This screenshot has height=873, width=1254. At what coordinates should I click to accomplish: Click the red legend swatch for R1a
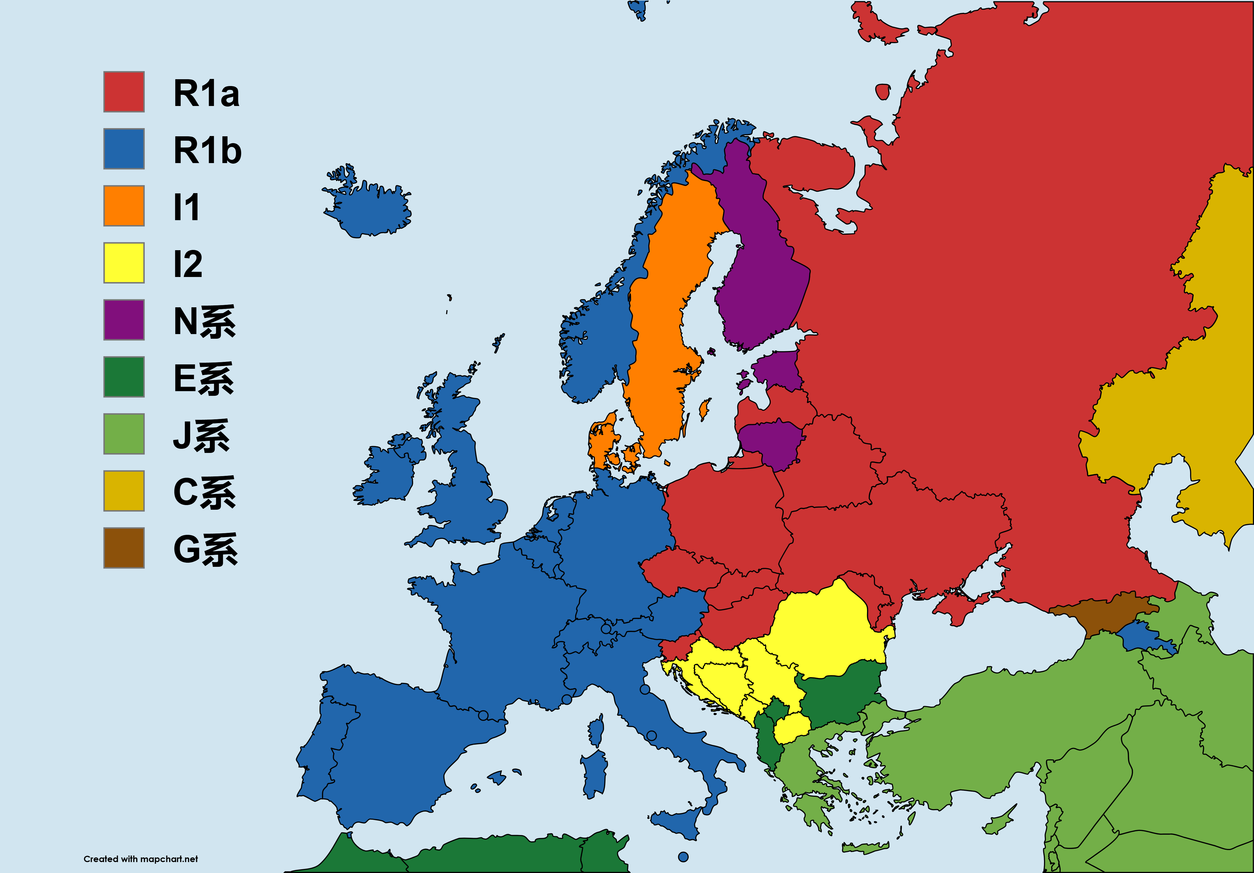coord(124,92)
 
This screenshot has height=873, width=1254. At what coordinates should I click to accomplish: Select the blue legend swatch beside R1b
coord(124,149)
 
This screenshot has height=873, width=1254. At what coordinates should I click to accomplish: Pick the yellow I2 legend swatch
coord(124,263)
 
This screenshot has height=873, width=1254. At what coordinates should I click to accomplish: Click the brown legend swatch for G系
coord(124,548)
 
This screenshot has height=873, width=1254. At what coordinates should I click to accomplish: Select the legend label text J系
coord(201,436)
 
